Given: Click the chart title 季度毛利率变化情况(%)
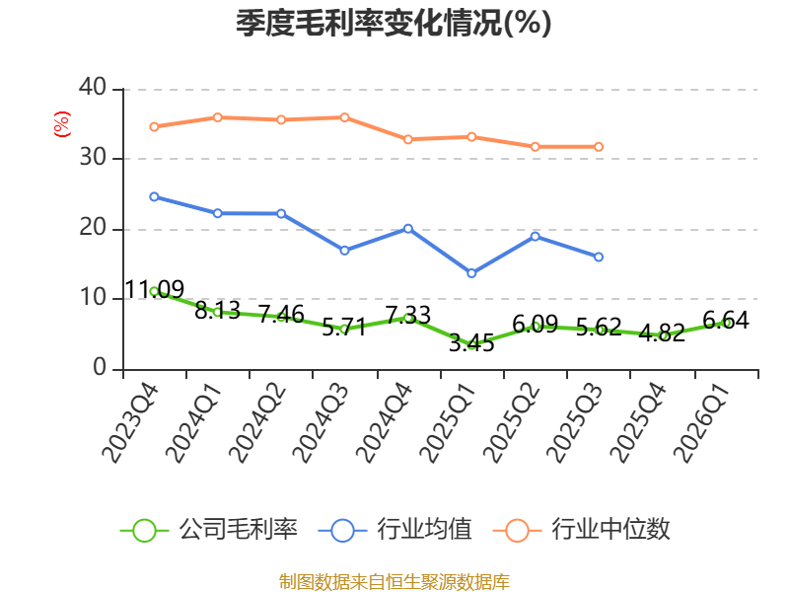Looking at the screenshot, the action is pyautogui.click(x=394, y=23).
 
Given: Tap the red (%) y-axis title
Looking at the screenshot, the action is pyautogui.click(x=62, y=124).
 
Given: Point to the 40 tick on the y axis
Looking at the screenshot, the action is pyautogui.click(x=93, y=88).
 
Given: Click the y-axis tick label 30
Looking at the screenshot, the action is pyautogui.click(x=93, y=158).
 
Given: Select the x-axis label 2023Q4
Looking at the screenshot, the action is pyautogui.click(x=131, y=423).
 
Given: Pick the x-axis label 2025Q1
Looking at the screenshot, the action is pyautogui.click(x=448, y=423).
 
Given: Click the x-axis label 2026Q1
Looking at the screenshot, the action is pyautogui.click(x=701, y=423).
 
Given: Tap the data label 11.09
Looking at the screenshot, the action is pyautogui.click(x=155, y=289).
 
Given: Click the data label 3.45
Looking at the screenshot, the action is pyautogui.click(x=471, y=342).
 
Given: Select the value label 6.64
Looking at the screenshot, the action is pyautogui.click(x=726, y=320).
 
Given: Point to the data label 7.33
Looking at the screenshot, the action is pyautogui.click(x=408, y=316).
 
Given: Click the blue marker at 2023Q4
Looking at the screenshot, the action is pyautogui.click(x=155, y=196).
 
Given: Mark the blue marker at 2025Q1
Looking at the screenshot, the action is pyautogui.click(x=471, y=273).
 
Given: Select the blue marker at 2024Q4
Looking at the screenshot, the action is pyautogui.click(x=408, y=229).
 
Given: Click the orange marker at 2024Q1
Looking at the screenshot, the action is pyautogui.click(x=218, y=117).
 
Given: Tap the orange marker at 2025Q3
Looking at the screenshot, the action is pyautogui.click(x=599, y=147).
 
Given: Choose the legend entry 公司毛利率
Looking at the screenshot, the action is pyautogui.click(x=209, y=530).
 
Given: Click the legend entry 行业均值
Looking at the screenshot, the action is pyautogui.click(x=395, y=530).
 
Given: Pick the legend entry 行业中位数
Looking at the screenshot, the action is pyautogui.click(x=581, y=530).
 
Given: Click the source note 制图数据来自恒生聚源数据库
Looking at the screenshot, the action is pyautogui.click(x=394, y=582).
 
